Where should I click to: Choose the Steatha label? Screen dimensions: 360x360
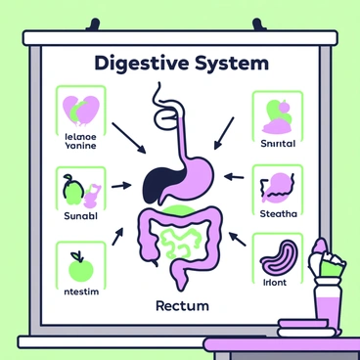tap(280, 215)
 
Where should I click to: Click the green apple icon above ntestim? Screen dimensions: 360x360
tap(78, 263)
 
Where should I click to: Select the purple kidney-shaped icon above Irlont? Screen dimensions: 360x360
tap(281, 254)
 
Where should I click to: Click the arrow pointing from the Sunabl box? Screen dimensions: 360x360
tap(122, 184)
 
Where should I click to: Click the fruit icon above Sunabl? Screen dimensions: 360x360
tap(73, 186)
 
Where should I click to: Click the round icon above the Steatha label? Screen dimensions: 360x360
tap(280, 183)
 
